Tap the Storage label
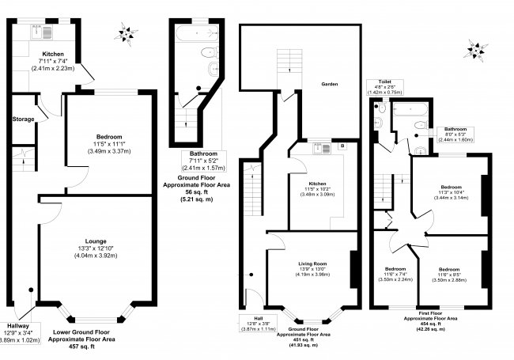[23, 119]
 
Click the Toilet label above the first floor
[385, 81]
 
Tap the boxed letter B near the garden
[342, 146]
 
